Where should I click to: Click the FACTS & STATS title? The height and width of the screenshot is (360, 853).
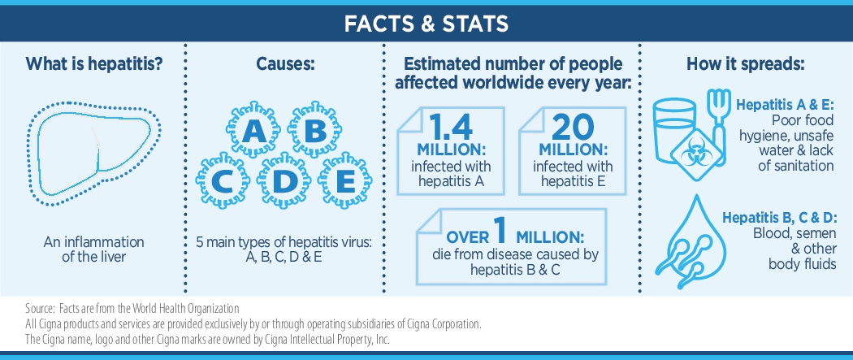[x=426, y=24]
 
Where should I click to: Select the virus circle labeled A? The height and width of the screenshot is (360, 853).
[x=253, y=131]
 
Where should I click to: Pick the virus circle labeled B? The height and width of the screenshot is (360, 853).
[x=314, y=131]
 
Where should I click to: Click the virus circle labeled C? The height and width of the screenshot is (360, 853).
[x=223, y=180]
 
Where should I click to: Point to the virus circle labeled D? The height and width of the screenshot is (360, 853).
[x=284, y=180]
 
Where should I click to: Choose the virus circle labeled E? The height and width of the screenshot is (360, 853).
[x=345, y=180]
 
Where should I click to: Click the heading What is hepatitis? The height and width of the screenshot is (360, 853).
[x=94, y=64]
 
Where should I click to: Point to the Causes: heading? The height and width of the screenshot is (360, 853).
[x=285, y=64]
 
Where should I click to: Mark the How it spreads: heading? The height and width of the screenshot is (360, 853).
[x=745, y=64]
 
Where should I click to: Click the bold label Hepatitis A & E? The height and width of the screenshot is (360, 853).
[x=785, y=106]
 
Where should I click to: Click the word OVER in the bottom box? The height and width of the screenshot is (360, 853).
[x=467, y=237]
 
